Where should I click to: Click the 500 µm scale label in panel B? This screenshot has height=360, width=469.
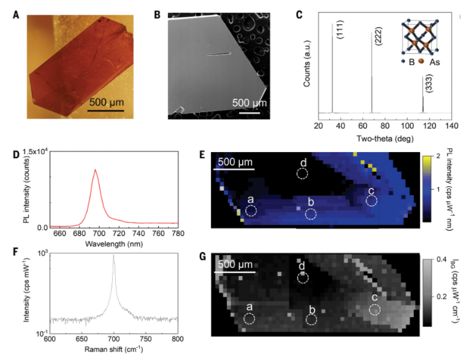pyautogui.click(x=249, y=102)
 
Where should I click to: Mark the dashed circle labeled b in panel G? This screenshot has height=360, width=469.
pyautogui.click(x=311, y=320)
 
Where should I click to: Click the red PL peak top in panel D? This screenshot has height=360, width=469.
pyautogui.click(x=95, y=170)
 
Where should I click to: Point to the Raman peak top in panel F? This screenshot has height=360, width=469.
pyautogui.click(x=114, y=256)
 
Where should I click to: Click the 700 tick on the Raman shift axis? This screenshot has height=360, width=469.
pyautogui.click(x=114, y=339)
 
